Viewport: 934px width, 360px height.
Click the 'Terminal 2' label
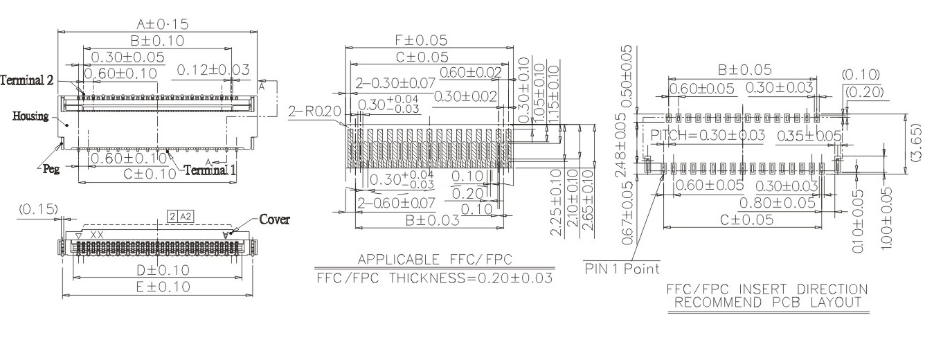click(27, 80)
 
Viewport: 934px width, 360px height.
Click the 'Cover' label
click(274, 219)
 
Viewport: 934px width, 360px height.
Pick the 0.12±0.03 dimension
click(213, 69)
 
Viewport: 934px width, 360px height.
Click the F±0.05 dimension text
click(421, 40)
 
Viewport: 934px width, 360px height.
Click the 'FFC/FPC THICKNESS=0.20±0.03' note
click(435, 278)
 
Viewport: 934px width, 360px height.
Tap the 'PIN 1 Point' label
click(622, 268)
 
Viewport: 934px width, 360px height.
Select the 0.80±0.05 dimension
click(776, 202)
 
